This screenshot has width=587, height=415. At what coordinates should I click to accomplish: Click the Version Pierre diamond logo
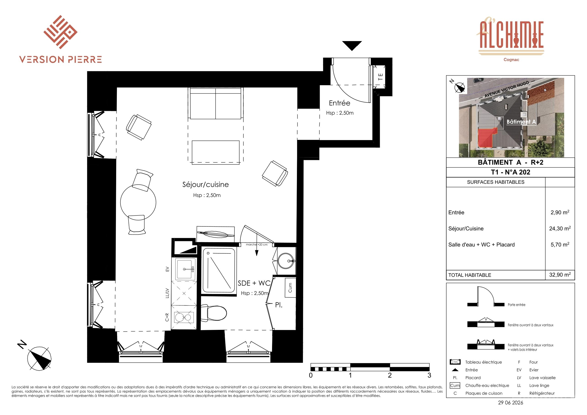(60, 32)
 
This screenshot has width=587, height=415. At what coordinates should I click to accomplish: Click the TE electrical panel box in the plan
(380, 77)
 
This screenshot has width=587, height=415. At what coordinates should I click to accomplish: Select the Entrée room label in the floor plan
(340, 103)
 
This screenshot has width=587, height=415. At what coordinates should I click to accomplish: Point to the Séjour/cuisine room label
(206, 185)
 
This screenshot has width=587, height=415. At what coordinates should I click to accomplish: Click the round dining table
(138, 202)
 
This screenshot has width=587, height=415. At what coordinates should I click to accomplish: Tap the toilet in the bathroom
(213, 313)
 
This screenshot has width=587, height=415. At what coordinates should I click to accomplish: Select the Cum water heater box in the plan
(290, 288)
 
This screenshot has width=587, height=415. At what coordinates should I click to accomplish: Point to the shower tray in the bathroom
(219, 270)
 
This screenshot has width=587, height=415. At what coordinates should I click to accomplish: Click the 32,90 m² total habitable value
(560, 275)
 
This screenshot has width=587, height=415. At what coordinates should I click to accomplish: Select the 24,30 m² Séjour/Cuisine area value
(560, 228)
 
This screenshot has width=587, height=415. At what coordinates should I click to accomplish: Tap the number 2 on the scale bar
(390, 375)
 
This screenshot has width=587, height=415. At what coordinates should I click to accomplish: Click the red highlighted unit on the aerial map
(487, 138)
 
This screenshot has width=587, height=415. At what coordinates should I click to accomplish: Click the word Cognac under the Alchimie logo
(511, 60)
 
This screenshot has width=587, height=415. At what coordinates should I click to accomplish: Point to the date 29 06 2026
(511, 402)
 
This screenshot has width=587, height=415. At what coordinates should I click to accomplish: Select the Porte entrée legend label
(516, 305)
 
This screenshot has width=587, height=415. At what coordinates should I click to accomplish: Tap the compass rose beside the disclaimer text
(39, 358)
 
